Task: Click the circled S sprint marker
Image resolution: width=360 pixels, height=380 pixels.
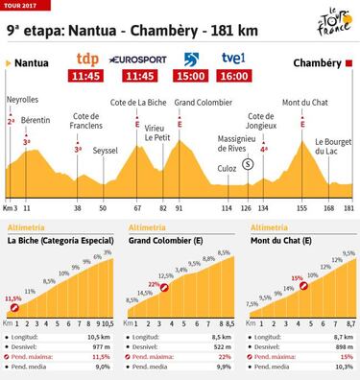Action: pos(248,164)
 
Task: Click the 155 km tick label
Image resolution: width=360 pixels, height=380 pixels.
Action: pos(302,206)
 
